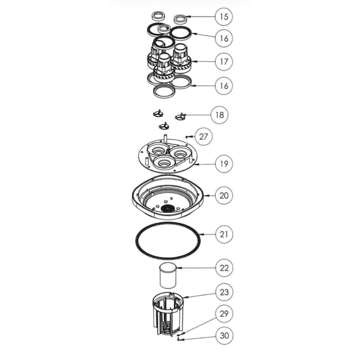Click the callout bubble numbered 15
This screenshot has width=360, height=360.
[224, 17]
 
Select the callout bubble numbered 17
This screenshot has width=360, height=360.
[224, 62]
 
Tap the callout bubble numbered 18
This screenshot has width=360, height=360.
[219, 115]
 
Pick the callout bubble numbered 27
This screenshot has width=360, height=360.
[203, 137]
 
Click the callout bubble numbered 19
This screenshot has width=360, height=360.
[224, 164]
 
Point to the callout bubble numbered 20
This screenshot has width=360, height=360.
[224, 196]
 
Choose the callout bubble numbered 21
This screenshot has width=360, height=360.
[224, 235]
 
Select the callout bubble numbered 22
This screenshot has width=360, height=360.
[224, 268]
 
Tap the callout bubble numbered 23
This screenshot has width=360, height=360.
[224, 293]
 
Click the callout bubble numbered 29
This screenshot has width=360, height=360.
[224, 314]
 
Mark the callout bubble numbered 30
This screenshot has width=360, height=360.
[225, 336]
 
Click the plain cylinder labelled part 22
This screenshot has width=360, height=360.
[168, 275]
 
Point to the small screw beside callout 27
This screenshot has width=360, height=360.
[188, 137]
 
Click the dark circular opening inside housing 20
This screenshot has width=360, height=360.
[168, 208]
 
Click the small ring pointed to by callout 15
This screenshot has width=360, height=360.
[180, 19]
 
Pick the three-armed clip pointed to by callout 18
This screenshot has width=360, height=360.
[180, 117]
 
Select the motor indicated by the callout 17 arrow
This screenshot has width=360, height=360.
[182, 57]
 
